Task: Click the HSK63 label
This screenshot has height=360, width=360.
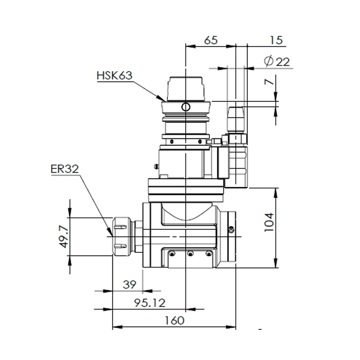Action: pyautogui.click(x=114, y=75)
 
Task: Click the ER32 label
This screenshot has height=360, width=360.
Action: pyautogui.click(x=65, y=170)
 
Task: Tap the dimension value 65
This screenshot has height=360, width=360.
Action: pyautogui.click(x=211, y=40)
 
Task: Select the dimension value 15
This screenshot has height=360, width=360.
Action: pyautogui.click(x=276, y=40)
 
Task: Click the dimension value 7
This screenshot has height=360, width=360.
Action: pyautogui.click(x=269, y=82)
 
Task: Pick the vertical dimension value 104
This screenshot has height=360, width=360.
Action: pyautogui.click(x=268, y=221)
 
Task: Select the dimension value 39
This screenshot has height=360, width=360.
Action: pyautogui.click(x=129, y=284)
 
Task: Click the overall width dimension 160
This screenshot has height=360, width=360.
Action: pyautogui.click(x=174, y=320)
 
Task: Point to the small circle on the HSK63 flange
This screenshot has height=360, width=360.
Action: pyautogui.click(x=185, y=106)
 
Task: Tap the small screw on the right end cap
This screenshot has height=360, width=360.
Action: pyautogui.click(x=231, y=230)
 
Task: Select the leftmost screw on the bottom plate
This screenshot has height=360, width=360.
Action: pyautogui.click(x=171, y=254)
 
